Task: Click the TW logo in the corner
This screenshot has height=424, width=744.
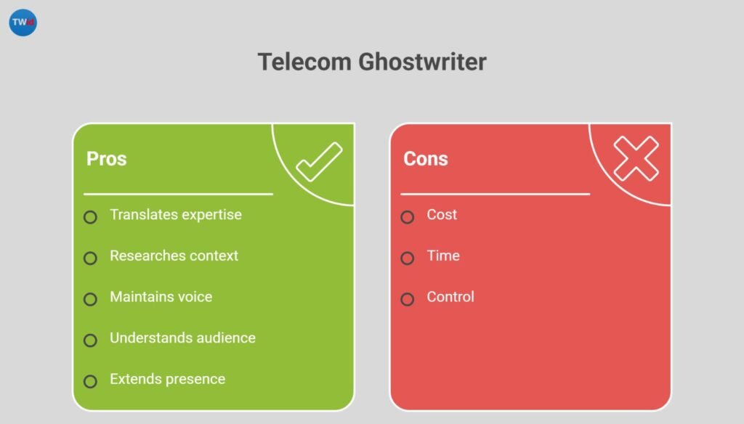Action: (x=23, y=23)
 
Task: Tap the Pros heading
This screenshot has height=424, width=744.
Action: (x=107, y=158)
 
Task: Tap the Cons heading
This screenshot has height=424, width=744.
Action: (x=426, y=158)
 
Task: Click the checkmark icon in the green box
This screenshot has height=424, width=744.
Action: (x=318, y=162)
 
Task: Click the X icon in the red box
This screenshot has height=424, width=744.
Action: (x=636, y=159)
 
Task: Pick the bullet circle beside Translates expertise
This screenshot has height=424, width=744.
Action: (x=90, y=217)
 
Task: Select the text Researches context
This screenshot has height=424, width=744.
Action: (x=174, y=256)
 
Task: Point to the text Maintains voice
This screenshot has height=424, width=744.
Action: (x=161, y=296)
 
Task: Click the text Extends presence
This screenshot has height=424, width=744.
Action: (x=167, y=379)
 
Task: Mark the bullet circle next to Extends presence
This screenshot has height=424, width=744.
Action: (x=90, y=381)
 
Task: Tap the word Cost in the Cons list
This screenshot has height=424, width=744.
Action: (x=442, y=215)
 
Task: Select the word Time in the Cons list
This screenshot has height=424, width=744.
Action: (x=443, y=256)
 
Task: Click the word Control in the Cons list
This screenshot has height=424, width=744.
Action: (x=450, y=296)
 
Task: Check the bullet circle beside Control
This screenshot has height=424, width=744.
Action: (x=408, y=299)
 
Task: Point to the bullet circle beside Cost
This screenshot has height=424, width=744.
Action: (x=408, y=217)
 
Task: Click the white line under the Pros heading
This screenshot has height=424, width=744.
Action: (x=178, y=194)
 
